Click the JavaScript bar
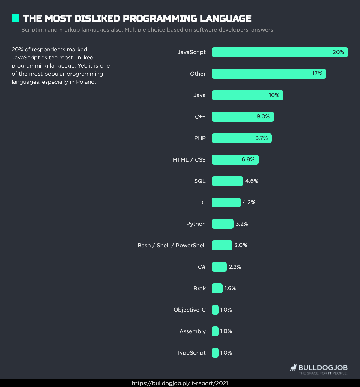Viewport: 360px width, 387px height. coord(280,52)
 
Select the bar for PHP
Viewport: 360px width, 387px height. coord(241,138)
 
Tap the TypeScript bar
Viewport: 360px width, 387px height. coord(215,353)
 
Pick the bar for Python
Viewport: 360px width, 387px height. coord(223,224)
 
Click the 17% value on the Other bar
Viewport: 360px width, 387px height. coord(317,74)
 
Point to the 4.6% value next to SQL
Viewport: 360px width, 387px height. coord(252,181)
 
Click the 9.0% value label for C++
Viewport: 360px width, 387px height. coord(263,116)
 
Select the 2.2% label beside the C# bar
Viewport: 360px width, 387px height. coord(235,267)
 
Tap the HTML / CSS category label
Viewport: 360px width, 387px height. coord(189,160)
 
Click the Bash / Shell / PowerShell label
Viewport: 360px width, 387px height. coord(172,246)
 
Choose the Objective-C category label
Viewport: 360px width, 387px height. coord(190,310)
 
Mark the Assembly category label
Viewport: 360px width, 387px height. coord(193,331)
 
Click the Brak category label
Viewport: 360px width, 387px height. coord(199,289)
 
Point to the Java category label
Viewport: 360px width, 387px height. coord(199,95)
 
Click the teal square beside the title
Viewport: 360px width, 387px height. coord(16,18)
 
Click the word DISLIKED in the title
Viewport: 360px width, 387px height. coord(97,18)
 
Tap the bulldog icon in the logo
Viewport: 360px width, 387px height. coord(293,368)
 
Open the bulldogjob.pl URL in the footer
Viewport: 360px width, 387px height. coord(180,383)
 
